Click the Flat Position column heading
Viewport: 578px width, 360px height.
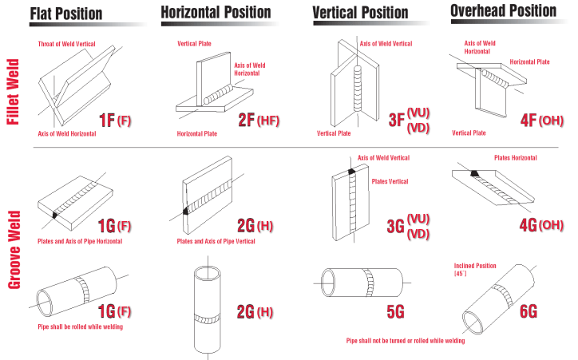[66, 14]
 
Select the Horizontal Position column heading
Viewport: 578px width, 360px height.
[216, 13]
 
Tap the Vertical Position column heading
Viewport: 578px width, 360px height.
[360, 13]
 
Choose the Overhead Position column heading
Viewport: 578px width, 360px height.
[503, 11]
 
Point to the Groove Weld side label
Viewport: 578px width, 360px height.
[13, 240]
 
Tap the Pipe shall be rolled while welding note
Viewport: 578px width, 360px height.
[79, 327]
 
